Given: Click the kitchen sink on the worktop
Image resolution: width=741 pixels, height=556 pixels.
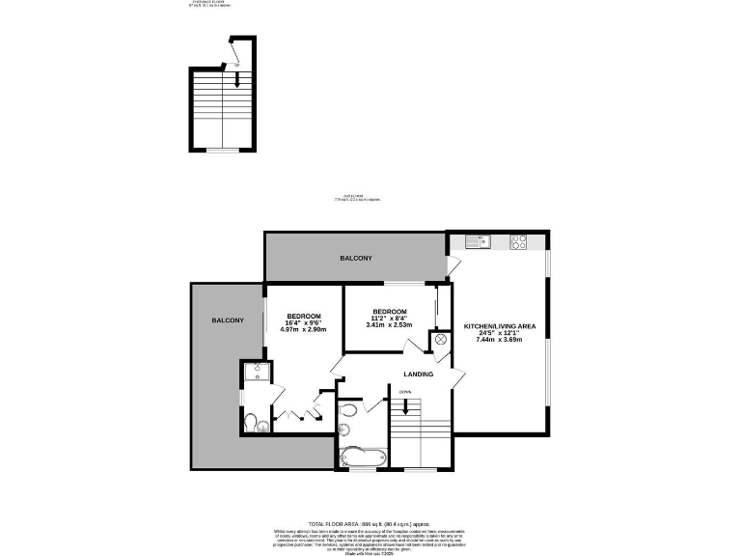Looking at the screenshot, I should click(x=478, y=241).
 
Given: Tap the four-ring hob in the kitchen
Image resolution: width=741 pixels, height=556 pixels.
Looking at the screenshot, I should click(x=518, y=241).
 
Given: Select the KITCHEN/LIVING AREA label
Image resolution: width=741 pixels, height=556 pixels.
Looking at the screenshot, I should click(x=500, y=326).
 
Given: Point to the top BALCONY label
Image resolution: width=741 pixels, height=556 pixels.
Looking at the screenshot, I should click(x=355, y=259).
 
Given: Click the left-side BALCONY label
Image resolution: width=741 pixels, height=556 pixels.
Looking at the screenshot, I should click(x=228, y=320).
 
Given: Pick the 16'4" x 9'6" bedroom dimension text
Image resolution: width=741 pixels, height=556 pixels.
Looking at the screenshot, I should click(x=303, y=322).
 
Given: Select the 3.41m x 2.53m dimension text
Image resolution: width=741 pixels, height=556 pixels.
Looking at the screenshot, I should click(x=390, y=325).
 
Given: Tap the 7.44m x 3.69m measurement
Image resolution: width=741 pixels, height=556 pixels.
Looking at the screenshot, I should click(x=500, y=343).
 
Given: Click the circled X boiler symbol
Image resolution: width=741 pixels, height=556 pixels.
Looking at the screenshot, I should click(x=442, y=340).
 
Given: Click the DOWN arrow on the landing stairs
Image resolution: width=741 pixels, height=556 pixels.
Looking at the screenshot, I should click(x=405, y=405).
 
